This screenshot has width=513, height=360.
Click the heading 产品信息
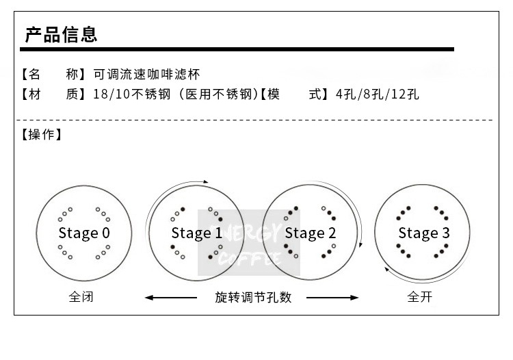[61, 34]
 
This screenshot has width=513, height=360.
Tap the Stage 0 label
[84, 233]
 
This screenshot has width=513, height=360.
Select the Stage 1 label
[196, 233]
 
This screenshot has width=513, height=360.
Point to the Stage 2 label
[311, 233]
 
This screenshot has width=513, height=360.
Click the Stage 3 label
[424, 233]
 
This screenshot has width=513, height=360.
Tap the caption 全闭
[81, 298]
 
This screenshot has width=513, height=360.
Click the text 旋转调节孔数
[253, 298]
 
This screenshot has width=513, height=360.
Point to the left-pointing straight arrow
[171, 298]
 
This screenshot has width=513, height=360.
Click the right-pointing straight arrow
[333, 298]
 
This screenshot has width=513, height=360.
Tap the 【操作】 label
[42, 135]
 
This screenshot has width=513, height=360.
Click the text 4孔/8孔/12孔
[377, 94]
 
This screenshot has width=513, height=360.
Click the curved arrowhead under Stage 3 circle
[388, 270]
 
